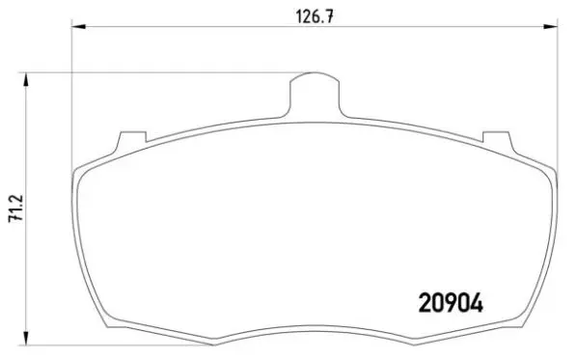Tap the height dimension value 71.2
13,208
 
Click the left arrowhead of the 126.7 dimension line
78,30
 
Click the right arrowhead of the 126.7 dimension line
553,30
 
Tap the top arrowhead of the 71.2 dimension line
28,80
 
